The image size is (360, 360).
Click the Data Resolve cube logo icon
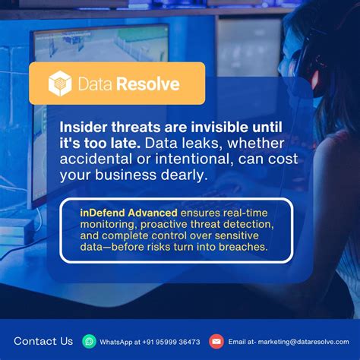pos(60,84)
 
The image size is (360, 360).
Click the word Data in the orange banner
pos(95,84)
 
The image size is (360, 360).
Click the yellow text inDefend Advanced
pos(127,212)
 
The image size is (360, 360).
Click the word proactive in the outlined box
pos(163,224)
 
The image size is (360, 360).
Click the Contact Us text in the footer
pos(43,341)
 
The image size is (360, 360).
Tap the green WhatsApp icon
pos(90,341)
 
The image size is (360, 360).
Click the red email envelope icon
pos(216,341)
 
